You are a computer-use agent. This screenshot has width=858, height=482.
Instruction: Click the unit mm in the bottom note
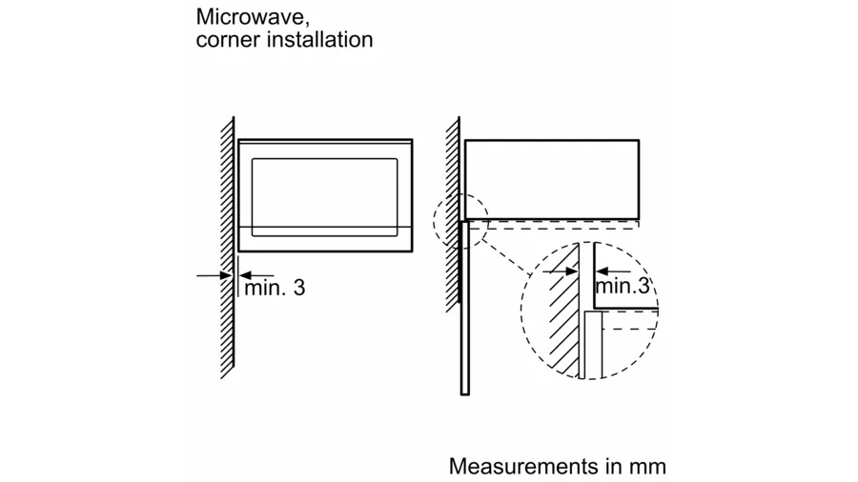pos(648,467)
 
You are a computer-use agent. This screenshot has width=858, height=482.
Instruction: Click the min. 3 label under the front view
pos(275,288)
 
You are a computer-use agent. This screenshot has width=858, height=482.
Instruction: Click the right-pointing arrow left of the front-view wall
pos(212,275)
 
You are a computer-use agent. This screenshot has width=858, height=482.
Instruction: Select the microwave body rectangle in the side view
pos(551,177)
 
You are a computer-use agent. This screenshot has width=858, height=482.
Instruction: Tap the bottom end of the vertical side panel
pos(465,391)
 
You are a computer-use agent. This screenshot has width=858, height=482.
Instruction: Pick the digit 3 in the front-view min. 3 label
pos(299,288)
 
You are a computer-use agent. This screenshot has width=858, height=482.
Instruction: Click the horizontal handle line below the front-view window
pos(324,229)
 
